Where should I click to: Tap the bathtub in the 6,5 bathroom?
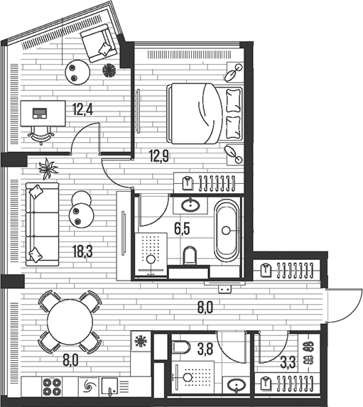point(226,229)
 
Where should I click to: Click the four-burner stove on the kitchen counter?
point(53,387)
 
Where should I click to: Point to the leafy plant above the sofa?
point(48,169)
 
